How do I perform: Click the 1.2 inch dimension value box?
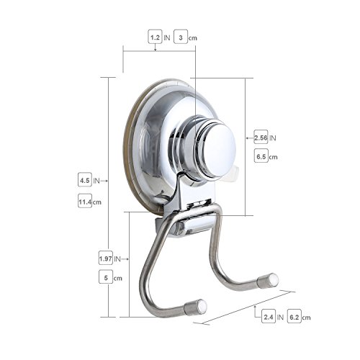tap(155, 37)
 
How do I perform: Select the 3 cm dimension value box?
tap(181, 37)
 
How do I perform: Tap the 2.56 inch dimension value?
tap(261, 137)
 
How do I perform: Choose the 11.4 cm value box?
tap(85, 201)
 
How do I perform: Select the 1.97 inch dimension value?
tap(106, 258)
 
